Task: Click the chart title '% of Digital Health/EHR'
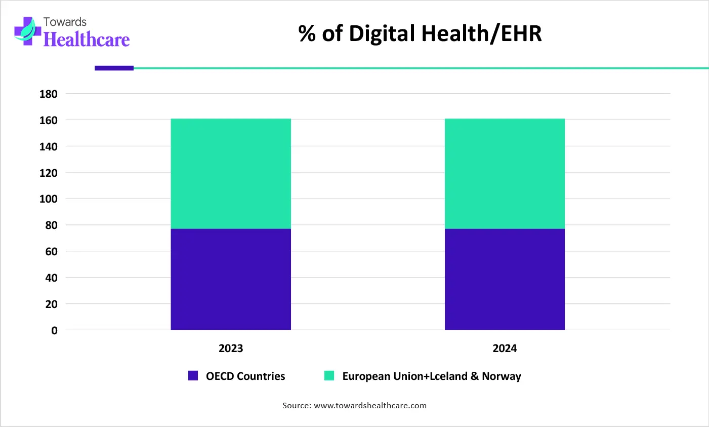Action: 420,34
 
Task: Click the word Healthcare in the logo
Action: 87,40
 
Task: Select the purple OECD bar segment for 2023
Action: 231,279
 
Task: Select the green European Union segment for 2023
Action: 231,174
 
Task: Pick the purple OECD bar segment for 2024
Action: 505,279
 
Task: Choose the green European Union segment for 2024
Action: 505,174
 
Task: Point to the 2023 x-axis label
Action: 231,348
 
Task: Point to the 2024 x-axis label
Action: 505,348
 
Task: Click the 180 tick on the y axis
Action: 49,94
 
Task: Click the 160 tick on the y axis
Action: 49,121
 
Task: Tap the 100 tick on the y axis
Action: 49,199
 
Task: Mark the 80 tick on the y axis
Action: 51,225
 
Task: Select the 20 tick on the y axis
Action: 51,304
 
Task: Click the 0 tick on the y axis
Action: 54,330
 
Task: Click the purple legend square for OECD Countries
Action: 193,376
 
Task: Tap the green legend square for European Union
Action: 329,376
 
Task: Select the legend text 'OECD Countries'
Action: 245,376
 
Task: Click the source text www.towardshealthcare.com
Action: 370,406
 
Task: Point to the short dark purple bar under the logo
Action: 114,68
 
